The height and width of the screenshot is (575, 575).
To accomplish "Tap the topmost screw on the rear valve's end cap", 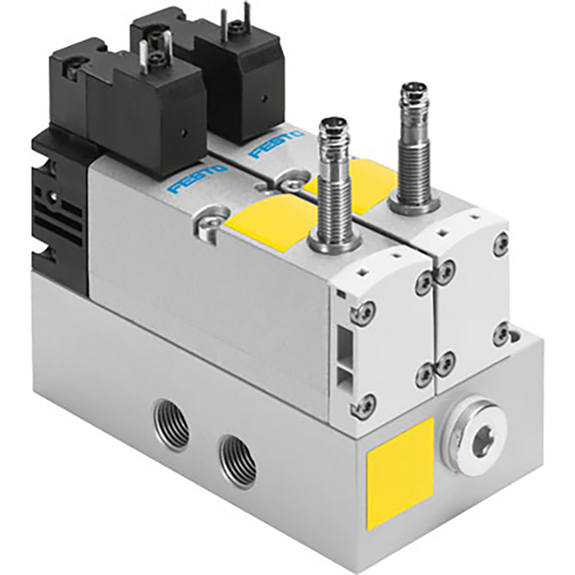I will point(499,246).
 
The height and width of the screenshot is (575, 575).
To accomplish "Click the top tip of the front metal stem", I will point(332,125).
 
